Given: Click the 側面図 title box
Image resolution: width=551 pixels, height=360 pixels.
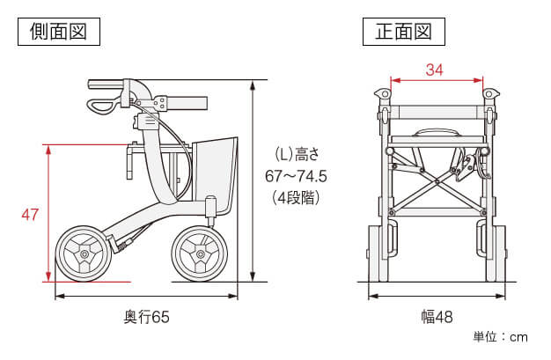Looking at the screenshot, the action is tap(59, 32).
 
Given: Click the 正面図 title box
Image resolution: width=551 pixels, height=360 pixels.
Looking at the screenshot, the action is tap(404, 32).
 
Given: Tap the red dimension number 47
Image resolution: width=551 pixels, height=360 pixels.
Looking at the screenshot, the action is tap(30, 214).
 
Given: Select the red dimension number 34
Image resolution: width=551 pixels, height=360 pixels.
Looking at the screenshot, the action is tap(435, 70).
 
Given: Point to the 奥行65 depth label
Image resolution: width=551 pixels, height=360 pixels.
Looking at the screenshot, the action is tap(146, 317).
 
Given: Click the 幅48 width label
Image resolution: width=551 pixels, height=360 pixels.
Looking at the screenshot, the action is tap(437, 317).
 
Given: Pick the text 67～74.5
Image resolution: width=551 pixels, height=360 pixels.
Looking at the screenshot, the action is tap(296, 176).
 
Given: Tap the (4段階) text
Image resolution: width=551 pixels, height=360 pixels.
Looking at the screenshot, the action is tap(296, 198).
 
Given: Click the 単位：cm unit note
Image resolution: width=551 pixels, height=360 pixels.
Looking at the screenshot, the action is tap(500, 337).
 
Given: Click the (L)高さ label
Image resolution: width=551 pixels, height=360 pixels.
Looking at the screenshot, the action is tap(297, 154).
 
